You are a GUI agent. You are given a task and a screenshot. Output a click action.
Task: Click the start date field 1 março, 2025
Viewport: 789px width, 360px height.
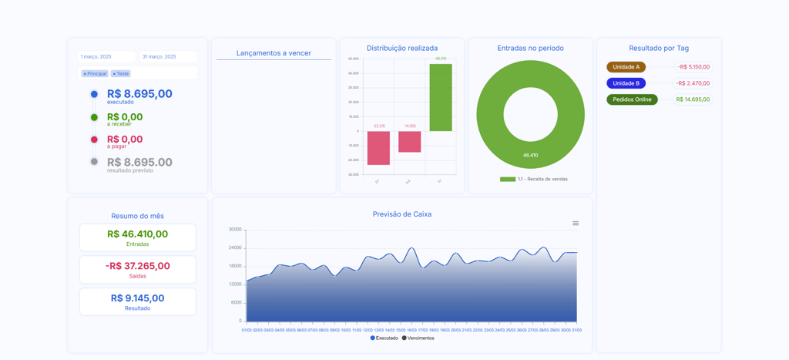tap(106, 57)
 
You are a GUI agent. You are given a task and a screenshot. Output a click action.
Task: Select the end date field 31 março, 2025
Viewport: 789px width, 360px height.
tap(168, 57)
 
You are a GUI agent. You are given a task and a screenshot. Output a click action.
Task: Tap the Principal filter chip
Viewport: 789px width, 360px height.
tap(96, 74)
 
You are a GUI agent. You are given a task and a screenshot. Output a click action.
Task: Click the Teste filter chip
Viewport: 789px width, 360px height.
tap(121, 74)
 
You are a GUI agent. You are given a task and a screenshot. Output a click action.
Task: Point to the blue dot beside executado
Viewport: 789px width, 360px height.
tap(94, 94)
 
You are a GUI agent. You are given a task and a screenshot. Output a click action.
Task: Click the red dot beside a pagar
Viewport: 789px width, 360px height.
tap(94, 140)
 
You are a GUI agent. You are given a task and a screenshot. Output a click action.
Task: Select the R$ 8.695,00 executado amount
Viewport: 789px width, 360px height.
tap(139, 94)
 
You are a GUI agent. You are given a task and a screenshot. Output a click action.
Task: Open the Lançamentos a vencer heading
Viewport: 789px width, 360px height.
tap(274, 53)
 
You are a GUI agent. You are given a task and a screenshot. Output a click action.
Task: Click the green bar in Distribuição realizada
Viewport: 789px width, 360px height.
tap(441, 97)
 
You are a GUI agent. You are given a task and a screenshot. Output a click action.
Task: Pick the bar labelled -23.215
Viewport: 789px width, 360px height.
tap(378, 148)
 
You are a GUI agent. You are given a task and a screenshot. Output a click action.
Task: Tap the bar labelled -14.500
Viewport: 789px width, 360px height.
tap(409, 142)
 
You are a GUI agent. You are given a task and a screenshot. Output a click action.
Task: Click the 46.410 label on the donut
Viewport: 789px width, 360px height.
tap(530, 155)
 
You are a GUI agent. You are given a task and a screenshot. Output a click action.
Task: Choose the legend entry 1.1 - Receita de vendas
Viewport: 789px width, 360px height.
tap(534, 179)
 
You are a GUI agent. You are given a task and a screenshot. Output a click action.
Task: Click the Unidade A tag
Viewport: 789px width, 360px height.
tap(626, 67)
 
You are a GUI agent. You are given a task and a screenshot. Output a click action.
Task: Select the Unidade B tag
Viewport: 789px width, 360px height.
tap(626, 83)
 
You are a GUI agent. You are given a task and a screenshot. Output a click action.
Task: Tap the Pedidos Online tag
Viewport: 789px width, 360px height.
tap(632, 99)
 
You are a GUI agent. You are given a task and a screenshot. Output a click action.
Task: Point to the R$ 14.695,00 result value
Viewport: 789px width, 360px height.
tap(693, 99)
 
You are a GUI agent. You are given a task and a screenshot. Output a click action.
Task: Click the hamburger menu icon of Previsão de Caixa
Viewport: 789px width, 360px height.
tap(576, 224)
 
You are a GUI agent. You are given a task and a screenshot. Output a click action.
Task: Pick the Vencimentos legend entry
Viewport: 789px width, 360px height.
tap(418, 338)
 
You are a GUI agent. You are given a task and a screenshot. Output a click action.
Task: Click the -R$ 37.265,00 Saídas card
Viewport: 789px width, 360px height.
tap(138, 269)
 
